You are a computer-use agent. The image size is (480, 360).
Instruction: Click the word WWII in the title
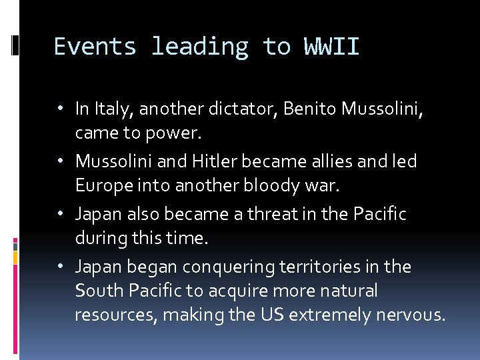pos(331,47)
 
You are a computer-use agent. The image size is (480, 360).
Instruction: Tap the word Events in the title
pos(95,47)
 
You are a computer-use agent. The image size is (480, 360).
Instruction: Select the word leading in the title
pos(199,47)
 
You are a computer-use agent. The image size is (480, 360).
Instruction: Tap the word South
pos(96,291)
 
